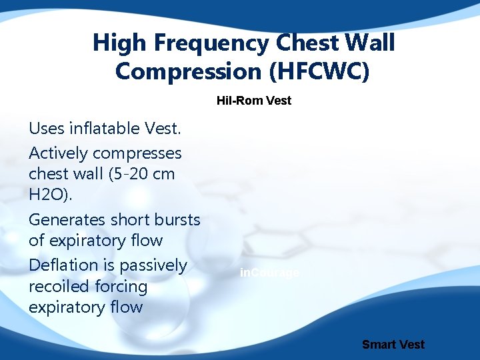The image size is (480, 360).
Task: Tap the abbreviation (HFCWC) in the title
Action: click(321, 71)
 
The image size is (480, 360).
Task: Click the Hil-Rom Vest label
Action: click(254, 101)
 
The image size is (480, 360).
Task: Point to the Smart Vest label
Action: click(393, 345)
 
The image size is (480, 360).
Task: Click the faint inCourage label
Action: click(271, 273)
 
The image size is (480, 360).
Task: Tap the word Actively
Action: click(59, 153)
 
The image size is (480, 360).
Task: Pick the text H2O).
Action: click(49, 195)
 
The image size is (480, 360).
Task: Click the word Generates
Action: click(64, 220)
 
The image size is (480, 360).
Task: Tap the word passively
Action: click(154, 265)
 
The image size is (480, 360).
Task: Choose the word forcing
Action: click(121, 287)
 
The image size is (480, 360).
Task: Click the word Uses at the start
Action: click(46, 127)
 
